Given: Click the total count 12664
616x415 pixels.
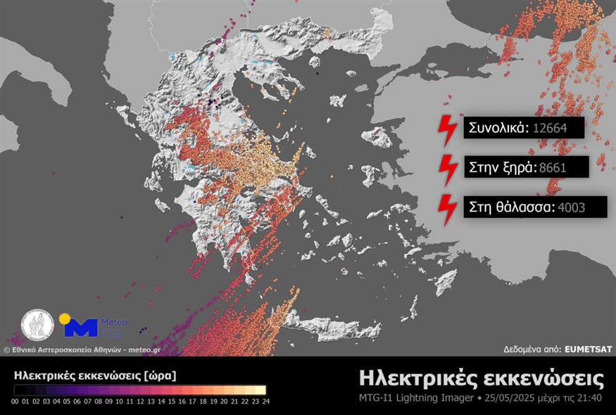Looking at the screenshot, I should tap(548, 129).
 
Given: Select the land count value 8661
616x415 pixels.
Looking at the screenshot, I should tap(552, 167).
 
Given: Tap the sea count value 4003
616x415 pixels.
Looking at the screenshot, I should tap(571, 207).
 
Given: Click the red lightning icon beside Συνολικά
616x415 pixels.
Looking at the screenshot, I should tap(447, 127).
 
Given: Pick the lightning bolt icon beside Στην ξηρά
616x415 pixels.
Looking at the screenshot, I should tap(447, 167).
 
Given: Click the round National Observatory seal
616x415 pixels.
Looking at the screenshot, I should tap(37, 326).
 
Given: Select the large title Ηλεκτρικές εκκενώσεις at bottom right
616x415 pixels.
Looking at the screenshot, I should tap(481, 378).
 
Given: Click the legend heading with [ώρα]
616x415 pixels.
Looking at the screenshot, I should tap(95, 375).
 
